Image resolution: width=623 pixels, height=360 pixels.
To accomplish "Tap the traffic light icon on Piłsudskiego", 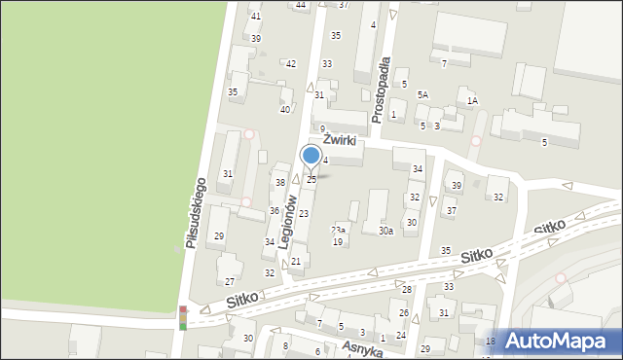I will tap(182, 318).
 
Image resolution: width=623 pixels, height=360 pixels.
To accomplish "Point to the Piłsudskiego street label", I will tap(197, 213).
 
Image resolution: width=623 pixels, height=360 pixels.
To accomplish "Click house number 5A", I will tap(422, 94).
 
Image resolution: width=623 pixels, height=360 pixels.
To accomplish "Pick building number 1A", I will tap(472, 100).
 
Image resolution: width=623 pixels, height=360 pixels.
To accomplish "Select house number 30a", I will tap(385, 231).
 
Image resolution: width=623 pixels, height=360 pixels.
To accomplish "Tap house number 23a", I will tap(338, 230).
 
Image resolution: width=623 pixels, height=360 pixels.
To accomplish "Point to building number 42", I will tap(290, 63).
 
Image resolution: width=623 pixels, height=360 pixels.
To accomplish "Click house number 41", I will tap(256, 17).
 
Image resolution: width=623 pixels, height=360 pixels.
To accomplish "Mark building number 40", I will tap(285, 109).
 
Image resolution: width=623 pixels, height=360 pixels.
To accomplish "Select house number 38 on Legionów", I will tap(280, 183).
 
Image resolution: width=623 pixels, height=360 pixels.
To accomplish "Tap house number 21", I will tap(296, 262).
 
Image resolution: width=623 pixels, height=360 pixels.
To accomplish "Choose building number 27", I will tap(230, 281).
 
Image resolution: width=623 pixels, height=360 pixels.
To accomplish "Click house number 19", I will tap(338, 241).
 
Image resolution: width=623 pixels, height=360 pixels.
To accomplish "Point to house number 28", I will tap(407, 289).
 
